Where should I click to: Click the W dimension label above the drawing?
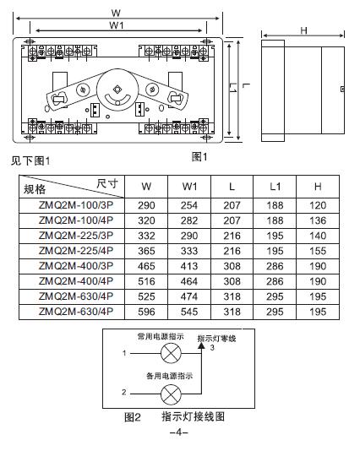tap(116, 13)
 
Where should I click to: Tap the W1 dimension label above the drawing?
tap(117, 25)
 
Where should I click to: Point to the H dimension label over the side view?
tap(303, 30)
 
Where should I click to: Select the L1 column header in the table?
tap(275, 187)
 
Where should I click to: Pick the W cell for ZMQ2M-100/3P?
tap(146, 205)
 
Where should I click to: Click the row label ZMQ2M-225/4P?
tap(76, 251)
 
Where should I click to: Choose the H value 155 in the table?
tap(318, 251)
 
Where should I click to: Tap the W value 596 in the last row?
tap(146, 312)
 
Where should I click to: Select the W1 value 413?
tap(189, 266)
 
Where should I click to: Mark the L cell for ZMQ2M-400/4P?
tap(232, 281)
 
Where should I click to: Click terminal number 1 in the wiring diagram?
tap(124, 353)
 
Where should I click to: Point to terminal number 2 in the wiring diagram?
tap(124, 392)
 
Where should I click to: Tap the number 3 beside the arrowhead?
tap(212, 348)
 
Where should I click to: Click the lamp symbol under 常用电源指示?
tap(171, 353)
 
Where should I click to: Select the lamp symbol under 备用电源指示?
tap(171, 394)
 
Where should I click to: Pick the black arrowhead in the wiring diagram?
tap(201, 345)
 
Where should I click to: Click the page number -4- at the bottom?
tap(179, 432)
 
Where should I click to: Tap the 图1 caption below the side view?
tap(199, 157)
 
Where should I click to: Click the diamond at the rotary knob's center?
tap(117, 90)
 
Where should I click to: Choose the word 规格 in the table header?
tap(35, 189)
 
